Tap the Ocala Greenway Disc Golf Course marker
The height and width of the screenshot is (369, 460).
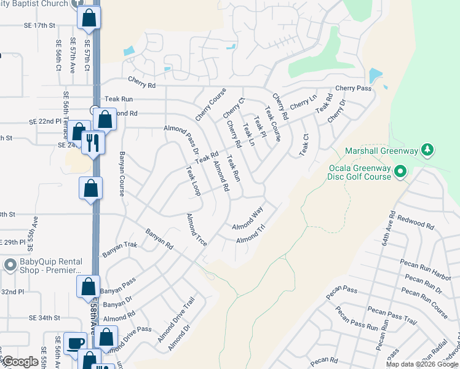[x=401, y=170]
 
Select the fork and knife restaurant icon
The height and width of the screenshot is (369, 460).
[x=93, y=143]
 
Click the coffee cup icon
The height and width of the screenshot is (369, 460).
[x=76, y=343]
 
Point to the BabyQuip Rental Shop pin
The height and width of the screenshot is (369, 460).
[x=9, y=266]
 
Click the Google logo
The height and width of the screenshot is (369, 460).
[x=20, y=362]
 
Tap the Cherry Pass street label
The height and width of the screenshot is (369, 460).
[x=353, y=89]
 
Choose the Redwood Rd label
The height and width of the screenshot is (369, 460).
[x=419, y=220]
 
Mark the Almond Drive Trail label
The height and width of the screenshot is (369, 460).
[x=175, y=320]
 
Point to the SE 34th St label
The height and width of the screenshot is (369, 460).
[x=46, y=318]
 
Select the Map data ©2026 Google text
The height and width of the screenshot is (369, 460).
[x=422, y=364]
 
